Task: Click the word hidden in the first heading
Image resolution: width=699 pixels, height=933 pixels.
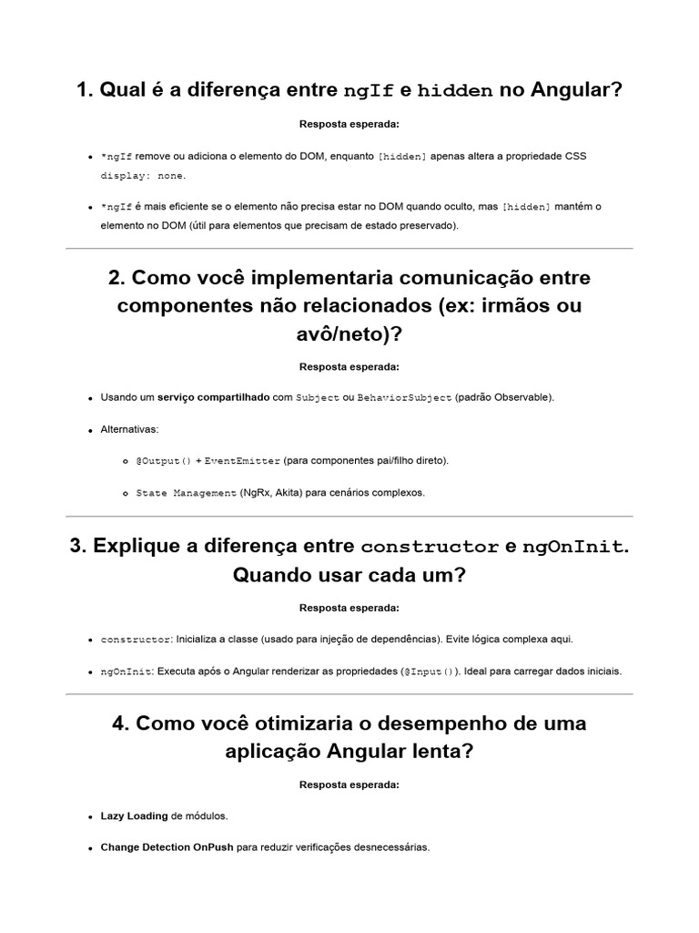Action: tap(455, 91)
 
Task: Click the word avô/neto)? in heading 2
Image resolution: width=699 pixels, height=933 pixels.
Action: tap(349, 335)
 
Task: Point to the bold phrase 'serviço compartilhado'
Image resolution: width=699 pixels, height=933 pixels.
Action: tap(213, 398)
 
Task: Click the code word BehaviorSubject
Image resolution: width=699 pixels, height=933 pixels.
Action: tap(405, 398)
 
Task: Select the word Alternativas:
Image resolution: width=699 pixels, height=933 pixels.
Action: tap(129, 429)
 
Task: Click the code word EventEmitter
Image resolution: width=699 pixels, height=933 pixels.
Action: tap(242, 461)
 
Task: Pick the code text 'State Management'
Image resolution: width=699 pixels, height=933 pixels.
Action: tap(186, 493)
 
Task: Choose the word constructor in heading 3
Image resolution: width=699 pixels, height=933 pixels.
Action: tap(429, 548)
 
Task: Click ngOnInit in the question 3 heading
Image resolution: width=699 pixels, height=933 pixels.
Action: tap(573, 548)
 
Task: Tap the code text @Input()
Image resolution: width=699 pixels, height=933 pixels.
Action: tap(428, 672)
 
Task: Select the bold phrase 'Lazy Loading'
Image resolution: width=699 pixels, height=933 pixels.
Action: tap(134, 815)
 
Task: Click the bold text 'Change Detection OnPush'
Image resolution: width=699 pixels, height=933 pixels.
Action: tap(167, 847)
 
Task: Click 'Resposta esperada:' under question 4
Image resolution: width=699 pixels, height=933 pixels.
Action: tap(349, 784)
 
